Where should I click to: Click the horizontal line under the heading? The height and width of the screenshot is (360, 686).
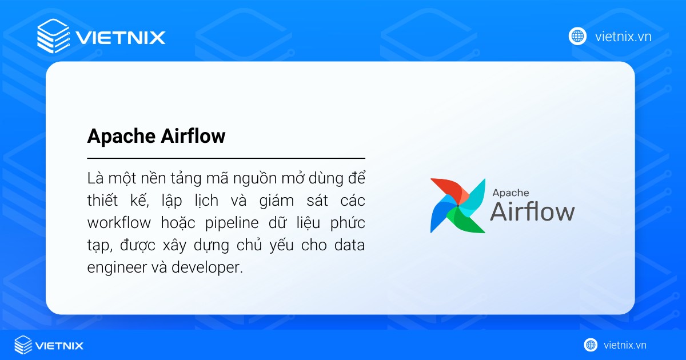pyautogui.click(x=226, y=158)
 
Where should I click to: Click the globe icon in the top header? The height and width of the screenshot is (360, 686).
pyautogui.click(x=577, y=37)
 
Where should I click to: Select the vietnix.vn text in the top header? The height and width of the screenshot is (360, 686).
pyautogui.click(x=623, y=37)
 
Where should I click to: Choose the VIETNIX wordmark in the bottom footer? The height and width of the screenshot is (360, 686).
pyautogui.click(x=59, y=345)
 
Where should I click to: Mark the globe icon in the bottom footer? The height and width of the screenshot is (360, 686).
pyautogui.click(x=591, y=345)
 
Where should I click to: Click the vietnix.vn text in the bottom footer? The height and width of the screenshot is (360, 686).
pyautogui.click(x=624, y=345)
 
